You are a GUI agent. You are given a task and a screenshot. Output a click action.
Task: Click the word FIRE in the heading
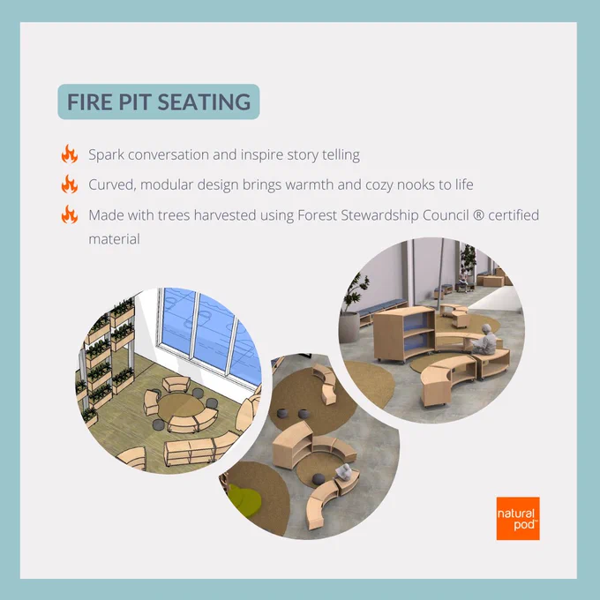[x=89, y=101]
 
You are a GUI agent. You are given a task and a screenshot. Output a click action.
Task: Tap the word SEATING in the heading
[x=204, y=101]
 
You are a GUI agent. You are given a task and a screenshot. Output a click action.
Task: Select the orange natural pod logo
[x=518, y=518]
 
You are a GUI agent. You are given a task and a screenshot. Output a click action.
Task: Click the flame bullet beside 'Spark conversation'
[x=69, y=154]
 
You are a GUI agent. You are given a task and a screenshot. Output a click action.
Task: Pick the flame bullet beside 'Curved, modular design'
[x=69, y=184]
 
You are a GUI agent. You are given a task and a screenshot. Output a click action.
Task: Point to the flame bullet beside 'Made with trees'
[x=69, y=214]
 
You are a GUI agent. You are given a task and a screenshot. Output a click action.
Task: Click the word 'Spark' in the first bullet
[x=107, y=155]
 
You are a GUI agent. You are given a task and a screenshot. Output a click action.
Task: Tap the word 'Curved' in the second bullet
[x=113, y=184]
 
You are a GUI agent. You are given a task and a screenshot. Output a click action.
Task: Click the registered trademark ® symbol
[x=478, y=215]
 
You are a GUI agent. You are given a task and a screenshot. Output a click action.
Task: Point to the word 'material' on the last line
[x=115, y=239]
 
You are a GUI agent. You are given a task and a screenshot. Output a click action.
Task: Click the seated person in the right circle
[x=484, y=340]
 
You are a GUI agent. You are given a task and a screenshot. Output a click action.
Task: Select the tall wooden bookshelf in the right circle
[x=404, y=334]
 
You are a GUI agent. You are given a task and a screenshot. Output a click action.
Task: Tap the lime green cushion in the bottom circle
[x=245, y=499]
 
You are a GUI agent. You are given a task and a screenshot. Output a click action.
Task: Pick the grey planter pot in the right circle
[x=349, y=327]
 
